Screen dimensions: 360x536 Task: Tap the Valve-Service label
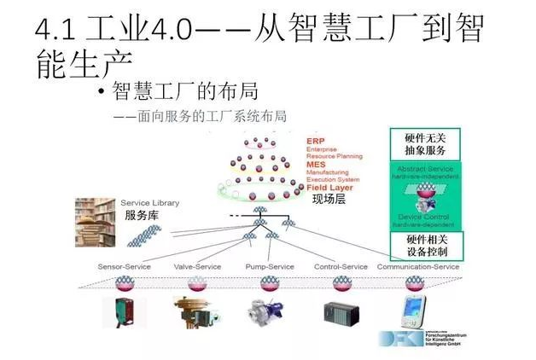198,266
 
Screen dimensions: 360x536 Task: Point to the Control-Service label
341,266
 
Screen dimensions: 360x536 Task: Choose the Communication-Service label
418,266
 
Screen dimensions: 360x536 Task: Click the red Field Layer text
328,188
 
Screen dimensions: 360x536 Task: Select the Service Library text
149,203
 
